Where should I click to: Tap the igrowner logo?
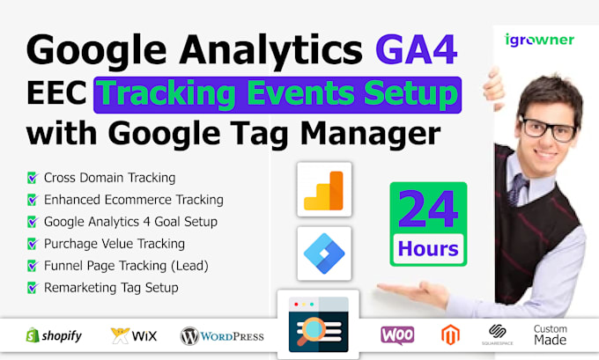tap(540, 40)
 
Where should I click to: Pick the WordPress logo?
tap(221, 335)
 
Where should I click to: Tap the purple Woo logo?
tap(397, 334)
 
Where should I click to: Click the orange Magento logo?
tap(449, 334)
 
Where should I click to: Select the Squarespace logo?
tap(497, 335)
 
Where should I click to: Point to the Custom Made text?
tap(551, 334)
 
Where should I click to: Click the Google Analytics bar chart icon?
tap(323, 189)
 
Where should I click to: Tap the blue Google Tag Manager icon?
tap(323, 253)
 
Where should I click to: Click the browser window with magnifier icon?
tap(319, 324)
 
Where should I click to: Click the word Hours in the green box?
tap(427, 250)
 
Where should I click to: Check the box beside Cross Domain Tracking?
tap(33, 179)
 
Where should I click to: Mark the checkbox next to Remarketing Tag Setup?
tap(33, 287)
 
